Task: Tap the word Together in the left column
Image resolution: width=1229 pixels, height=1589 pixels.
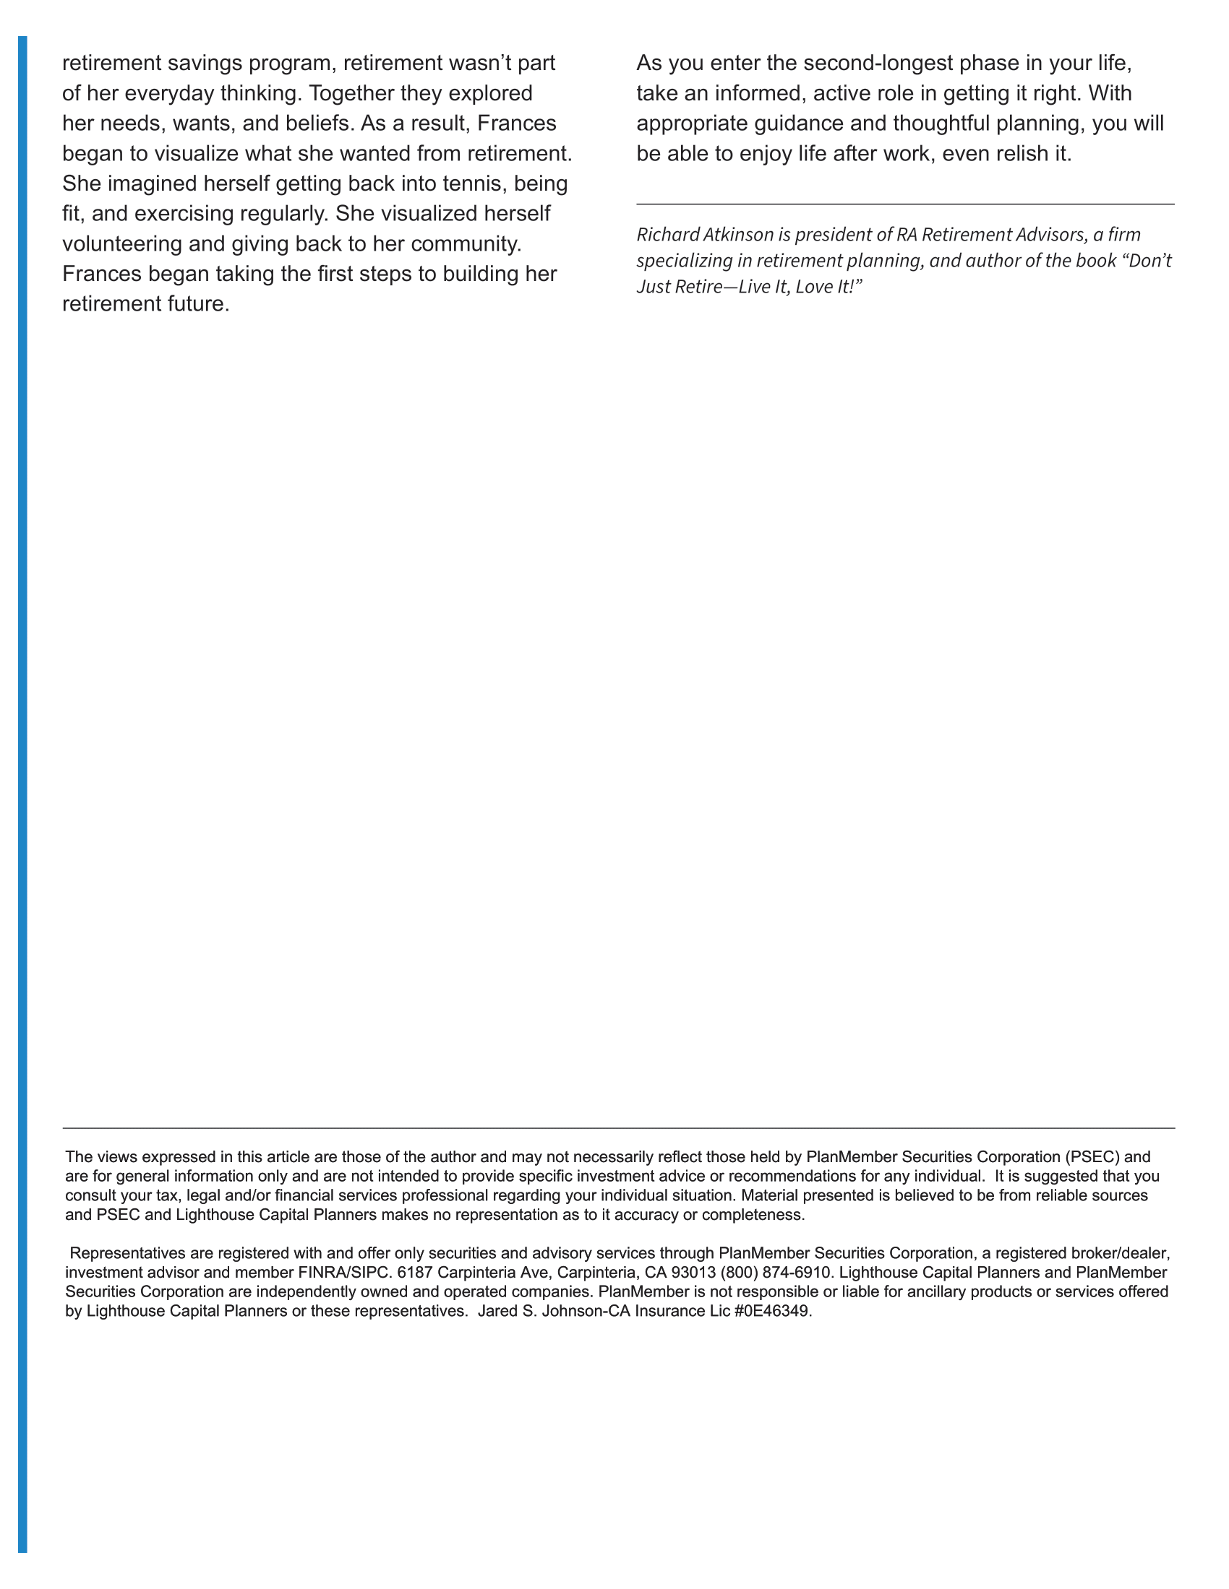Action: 351,94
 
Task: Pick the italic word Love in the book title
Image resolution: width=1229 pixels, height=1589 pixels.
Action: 813,287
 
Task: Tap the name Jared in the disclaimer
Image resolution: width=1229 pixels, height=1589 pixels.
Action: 497,1312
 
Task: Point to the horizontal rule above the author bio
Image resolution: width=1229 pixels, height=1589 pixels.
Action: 905,204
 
